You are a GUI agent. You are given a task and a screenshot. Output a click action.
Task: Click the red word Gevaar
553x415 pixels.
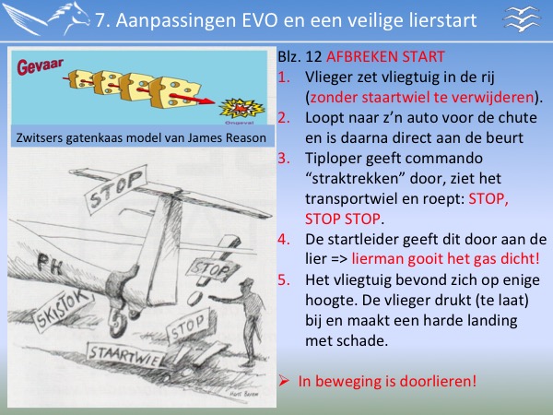click(41, 66)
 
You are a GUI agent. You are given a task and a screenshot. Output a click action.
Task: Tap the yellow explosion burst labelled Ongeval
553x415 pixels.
click(241, 108)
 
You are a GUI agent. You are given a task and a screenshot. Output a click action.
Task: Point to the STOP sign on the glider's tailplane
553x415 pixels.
click(116, 189)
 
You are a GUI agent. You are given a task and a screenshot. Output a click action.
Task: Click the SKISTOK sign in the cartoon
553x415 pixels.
click(64, 309)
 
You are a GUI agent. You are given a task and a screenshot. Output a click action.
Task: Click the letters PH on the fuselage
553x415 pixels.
click(50, 265)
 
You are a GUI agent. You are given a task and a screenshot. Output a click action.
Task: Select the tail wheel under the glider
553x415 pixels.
click(118, 324)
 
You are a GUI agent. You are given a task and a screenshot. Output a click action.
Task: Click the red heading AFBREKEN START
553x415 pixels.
click(385, 57)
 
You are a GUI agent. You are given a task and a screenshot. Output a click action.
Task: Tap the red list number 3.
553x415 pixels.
click(284, 158)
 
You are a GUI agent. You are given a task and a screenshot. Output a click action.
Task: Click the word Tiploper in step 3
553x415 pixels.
click(332, 159)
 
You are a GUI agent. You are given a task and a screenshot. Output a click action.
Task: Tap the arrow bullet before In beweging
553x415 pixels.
click(284, 380)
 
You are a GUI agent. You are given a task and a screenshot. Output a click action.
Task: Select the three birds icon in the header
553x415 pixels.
click(522, 18)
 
